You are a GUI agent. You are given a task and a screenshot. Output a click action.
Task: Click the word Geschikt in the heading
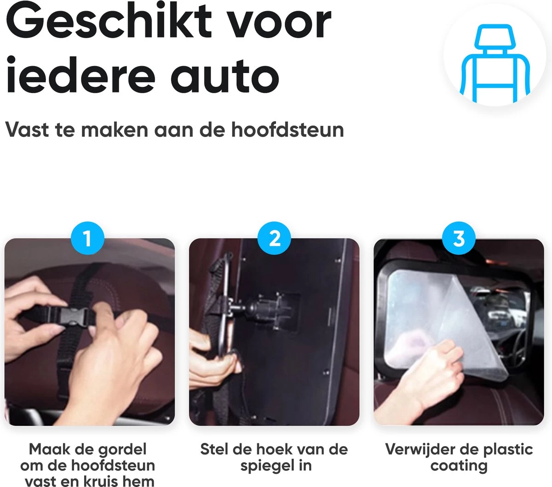point(109,23)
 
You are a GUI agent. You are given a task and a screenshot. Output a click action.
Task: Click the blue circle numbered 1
point(87,239)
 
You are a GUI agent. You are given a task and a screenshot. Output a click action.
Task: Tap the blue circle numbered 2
point(275,239)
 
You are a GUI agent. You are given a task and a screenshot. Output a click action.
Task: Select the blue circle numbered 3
point(459,239)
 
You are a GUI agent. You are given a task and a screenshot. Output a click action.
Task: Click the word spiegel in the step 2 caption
point(264,465)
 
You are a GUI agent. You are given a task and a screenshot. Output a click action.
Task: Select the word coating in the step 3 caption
point(459,465)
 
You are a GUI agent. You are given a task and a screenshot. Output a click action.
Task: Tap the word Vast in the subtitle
point(26,130)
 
